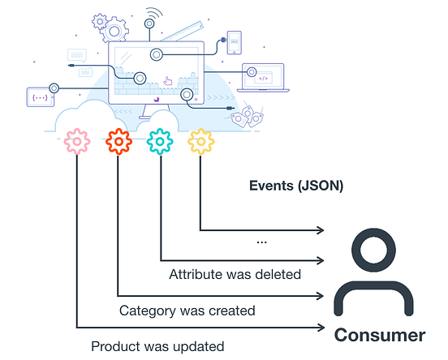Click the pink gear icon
coord(76,143)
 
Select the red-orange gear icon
coord(118,143)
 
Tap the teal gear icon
coord(161,143)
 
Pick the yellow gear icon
coord(200,143)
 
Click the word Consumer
coord(380,335)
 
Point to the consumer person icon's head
coord(380,247)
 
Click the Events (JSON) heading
coord(295,185)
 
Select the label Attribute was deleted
coord(235,274)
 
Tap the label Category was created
coord(187,310)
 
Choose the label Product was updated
coord(157,346)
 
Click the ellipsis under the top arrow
coord(261,241)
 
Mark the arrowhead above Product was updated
coord(321,328)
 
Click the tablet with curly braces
coord(39,96)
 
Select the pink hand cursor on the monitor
coord(168,80)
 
